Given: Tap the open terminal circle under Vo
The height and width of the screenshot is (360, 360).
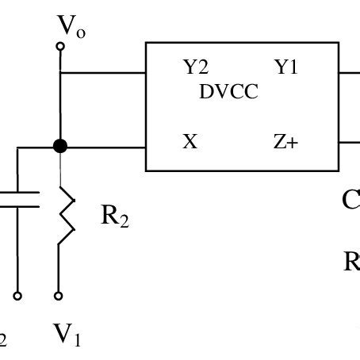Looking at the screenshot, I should [59, 47].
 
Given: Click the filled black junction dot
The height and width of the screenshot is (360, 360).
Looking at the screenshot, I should [59, 146].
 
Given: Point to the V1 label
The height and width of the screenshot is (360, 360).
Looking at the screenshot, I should [67, 335].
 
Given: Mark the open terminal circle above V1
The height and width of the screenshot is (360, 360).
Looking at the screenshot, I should [59, 297].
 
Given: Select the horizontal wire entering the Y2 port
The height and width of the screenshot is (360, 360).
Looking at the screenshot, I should [103, 75].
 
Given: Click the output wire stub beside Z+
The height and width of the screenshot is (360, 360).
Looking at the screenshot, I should [350, 143].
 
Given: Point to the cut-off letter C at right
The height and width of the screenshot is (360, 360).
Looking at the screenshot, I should [352, 200].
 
